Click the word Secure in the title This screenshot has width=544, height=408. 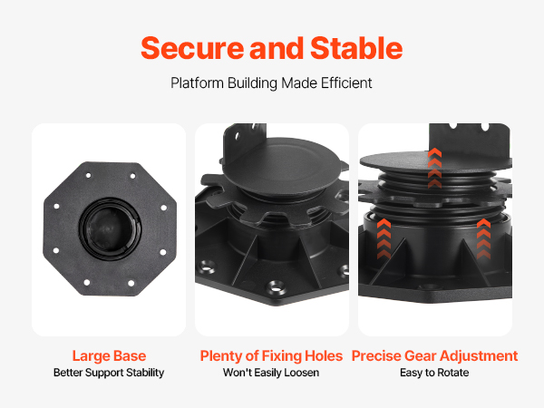(x=192, y=48)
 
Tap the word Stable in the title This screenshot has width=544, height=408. (x=356, y=48)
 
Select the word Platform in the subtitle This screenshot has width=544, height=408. (x=197, y=83)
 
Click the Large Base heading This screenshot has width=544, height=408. (x=109, y=356)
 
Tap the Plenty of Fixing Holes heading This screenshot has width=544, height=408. (x=271, y=356)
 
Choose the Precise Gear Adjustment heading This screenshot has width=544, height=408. (x=434, y=356)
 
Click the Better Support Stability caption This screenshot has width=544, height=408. (x=109, y=373)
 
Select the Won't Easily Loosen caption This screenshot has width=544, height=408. (x=271, y=373)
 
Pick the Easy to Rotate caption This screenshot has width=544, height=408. (x=434, y=373)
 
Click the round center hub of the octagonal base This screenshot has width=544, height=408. (x=110, y=229)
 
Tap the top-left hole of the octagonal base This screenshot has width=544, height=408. (x=89, y=176)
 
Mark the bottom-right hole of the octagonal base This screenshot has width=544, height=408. (x=131, y=284)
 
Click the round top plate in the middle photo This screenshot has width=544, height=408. (x=282, y=166)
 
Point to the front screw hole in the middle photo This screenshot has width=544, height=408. (x=276, y=288)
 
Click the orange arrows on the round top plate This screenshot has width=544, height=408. (x=434, y=168)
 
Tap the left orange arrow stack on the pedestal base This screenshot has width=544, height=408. (x=384, y=238)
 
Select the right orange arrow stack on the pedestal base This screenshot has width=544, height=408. (x=483, y=238)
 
